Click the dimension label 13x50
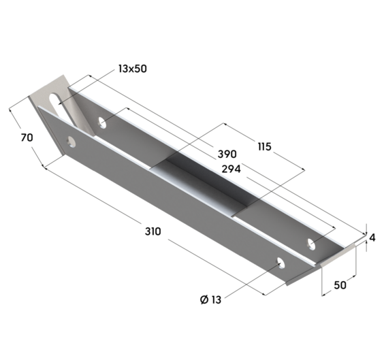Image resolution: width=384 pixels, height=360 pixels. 133,68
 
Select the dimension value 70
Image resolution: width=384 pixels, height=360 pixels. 27,137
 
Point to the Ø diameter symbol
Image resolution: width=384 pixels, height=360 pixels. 204,300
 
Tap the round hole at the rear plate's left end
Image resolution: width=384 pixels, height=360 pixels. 102,123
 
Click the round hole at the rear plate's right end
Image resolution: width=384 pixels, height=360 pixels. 312,243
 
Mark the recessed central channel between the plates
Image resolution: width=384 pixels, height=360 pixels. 204,187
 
